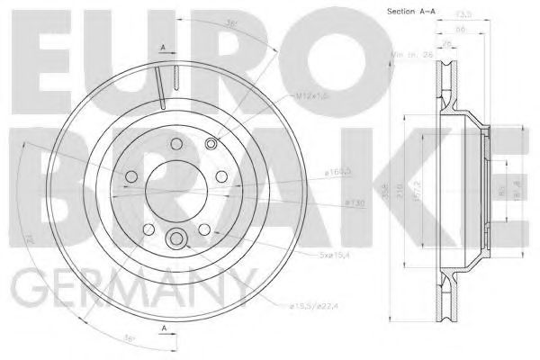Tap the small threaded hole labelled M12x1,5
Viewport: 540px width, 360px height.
(211, 144)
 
